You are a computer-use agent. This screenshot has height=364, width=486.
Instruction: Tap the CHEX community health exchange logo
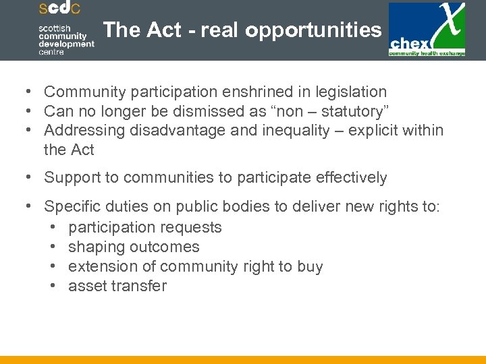tap(427, 30)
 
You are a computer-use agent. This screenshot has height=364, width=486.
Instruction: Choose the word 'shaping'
tap(96, 247)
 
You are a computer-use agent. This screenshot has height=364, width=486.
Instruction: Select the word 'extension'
tap(101, 266)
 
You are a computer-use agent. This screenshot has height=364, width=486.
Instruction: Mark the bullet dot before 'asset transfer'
tap(53, 286)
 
